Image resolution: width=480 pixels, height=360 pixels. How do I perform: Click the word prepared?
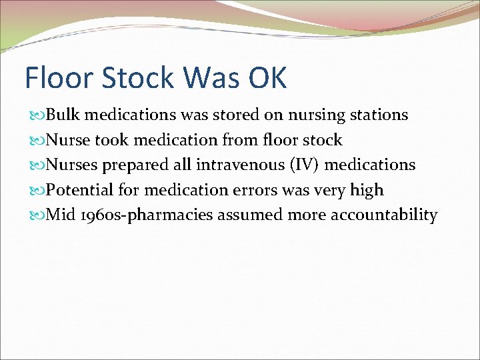point(131,165)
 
